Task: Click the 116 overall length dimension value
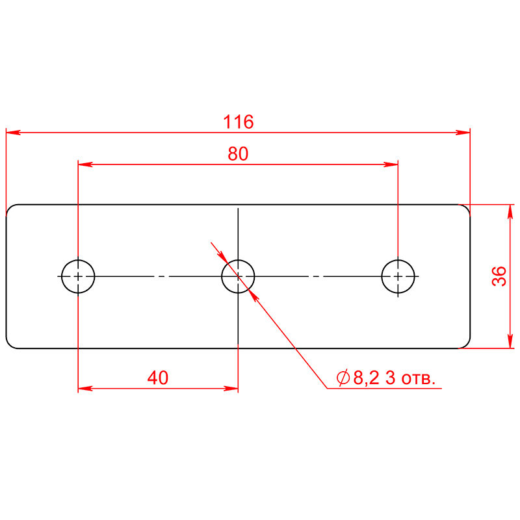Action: tap(238, 122)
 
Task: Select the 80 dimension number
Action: tap(238, 154)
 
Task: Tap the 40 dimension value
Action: tap(158, 378)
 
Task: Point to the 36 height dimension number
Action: tap(499, 276)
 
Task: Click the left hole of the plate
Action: tap(62, 276)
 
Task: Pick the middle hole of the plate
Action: tap(222, 276)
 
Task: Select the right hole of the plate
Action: tap(382, 276)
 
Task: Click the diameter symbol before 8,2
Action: tap(343, 378)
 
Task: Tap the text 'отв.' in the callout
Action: tap(418, 380)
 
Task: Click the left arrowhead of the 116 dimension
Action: tap(13, 133)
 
